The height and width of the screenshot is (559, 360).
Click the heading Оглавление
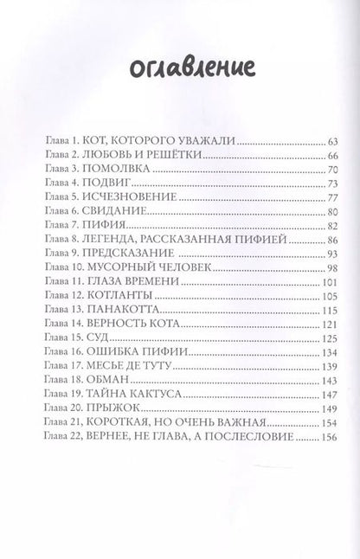[x=179, y=68]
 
